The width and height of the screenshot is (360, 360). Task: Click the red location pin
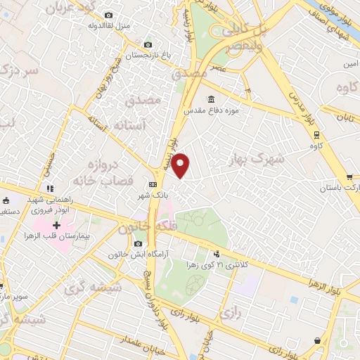[x=181, y=165]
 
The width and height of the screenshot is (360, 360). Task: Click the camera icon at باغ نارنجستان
[x=146, y=44]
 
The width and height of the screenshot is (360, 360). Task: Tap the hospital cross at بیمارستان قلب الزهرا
[x=57, y=225]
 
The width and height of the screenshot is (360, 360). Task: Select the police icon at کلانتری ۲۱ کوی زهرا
[x=217, y=253]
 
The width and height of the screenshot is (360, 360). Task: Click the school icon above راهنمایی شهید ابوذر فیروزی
[x=49, y=188]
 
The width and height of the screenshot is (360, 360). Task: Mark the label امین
[x=351, y=64]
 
